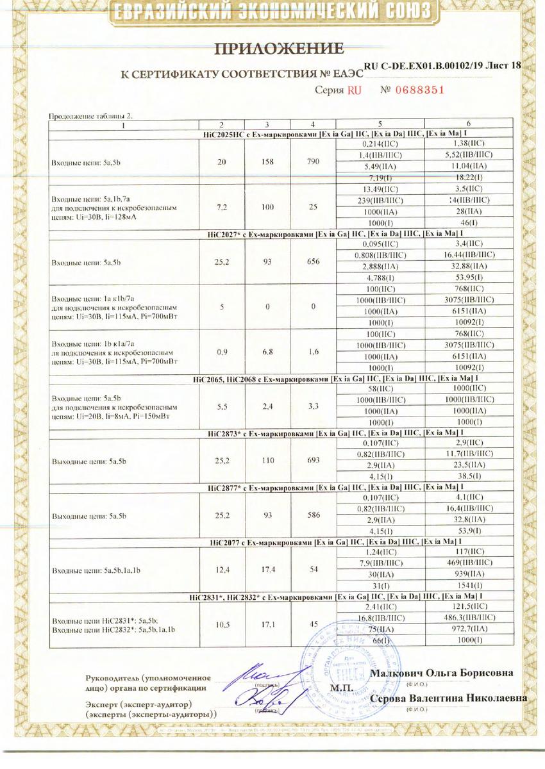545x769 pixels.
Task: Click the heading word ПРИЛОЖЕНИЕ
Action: [x=278, y=49]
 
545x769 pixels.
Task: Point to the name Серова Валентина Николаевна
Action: [x=452, y=698]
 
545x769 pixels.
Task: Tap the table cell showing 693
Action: [x=313, y=460]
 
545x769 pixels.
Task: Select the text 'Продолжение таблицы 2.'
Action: [x=92, y=116]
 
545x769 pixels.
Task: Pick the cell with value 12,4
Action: [x=222, y=567]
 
